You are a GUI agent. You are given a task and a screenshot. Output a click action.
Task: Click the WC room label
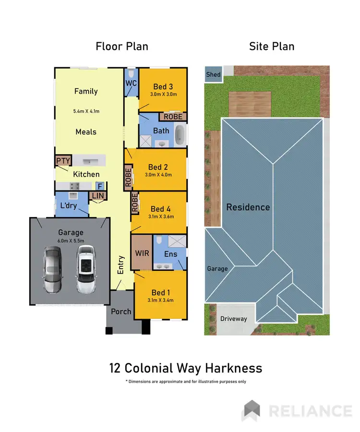131,83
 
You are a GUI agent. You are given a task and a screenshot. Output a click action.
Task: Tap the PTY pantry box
63,161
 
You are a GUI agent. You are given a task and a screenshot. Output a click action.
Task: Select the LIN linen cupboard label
97,195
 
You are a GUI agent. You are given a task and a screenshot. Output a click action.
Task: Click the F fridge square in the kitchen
100,186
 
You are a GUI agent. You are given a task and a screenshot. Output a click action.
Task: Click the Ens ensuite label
170,254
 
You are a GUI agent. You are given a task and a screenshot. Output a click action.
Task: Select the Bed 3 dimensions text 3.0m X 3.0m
163,95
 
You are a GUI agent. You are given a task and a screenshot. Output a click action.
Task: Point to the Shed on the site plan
213,74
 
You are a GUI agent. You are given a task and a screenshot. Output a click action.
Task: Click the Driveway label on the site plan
233,319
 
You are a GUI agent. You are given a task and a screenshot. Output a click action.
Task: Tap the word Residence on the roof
248,207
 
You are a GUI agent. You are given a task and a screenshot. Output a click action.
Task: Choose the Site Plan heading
271,47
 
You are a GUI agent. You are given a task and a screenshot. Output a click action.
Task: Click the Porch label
121,311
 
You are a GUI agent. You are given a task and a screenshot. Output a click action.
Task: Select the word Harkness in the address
234,368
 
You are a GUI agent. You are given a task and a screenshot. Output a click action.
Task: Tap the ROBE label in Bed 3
173,116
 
